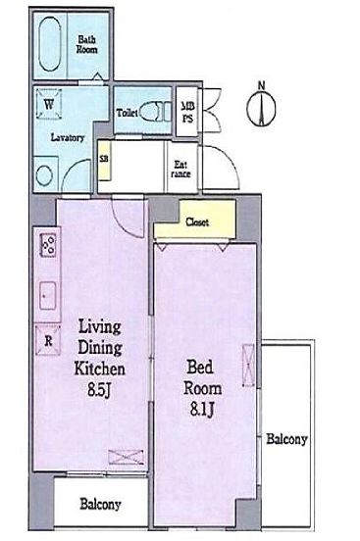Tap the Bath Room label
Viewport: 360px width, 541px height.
pos(86,44)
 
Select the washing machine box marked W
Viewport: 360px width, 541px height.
pos(49,104)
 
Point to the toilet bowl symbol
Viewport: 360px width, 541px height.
pos(155,112)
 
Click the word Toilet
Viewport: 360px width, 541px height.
pos(128,113)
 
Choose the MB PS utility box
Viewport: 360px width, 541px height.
pos(187,111)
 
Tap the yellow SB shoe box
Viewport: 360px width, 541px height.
pos(104,161)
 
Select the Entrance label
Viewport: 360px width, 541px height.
pos(181,169)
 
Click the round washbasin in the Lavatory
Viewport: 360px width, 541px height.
pos(44,175)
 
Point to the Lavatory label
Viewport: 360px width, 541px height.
pos(68,137)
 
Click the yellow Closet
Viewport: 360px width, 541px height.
pos(195,221)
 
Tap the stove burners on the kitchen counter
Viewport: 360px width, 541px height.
pos(48,245)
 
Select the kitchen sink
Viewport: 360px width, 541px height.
pos(48,295)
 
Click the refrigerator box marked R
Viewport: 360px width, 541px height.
pos(48,341)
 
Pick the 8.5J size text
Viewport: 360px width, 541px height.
pos(99,390)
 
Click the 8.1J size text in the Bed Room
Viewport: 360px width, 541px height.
pos(202,410)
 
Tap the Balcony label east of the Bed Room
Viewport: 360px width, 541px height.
pos(286,439)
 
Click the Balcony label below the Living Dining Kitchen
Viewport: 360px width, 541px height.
pos(100,504)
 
